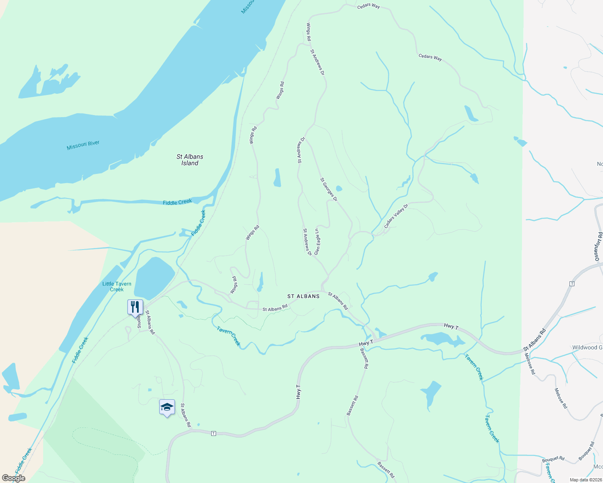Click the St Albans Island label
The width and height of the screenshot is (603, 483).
tap(190, 160)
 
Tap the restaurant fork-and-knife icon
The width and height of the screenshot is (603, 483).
tap(135, 307)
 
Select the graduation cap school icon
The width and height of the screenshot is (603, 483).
tap(167, 407)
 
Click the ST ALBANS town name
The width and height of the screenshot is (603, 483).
tap(304, 296)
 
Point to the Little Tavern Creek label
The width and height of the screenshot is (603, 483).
tap(117, 287)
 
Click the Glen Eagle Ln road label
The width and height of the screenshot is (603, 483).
tap(317, 242)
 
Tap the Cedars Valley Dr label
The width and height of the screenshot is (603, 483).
tap(396, 216)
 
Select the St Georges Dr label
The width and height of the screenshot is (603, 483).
tap(329, 190)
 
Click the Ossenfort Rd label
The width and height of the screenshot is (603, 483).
tap(599, 247)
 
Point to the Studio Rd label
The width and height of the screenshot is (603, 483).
tap(139, 321)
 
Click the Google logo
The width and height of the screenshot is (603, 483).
tap(13, 478)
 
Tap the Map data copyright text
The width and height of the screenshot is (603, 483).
tap(585, 480)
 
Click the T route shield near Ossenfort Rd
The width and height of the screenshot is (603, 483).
tap(572, 284)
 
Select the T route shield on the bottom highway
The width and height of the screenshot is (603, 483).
tap(214, 433)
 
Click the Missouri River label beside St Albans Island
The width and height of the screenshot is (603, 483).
tap(83, 145)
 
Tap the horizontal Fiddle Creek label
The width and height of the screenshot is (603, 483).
tap(177, 202)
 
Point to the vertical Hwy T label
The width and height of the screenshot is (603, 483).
tap(299, 392)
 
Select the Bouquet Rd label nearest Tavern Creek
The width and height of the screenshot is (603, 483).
tap(553, 458)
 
